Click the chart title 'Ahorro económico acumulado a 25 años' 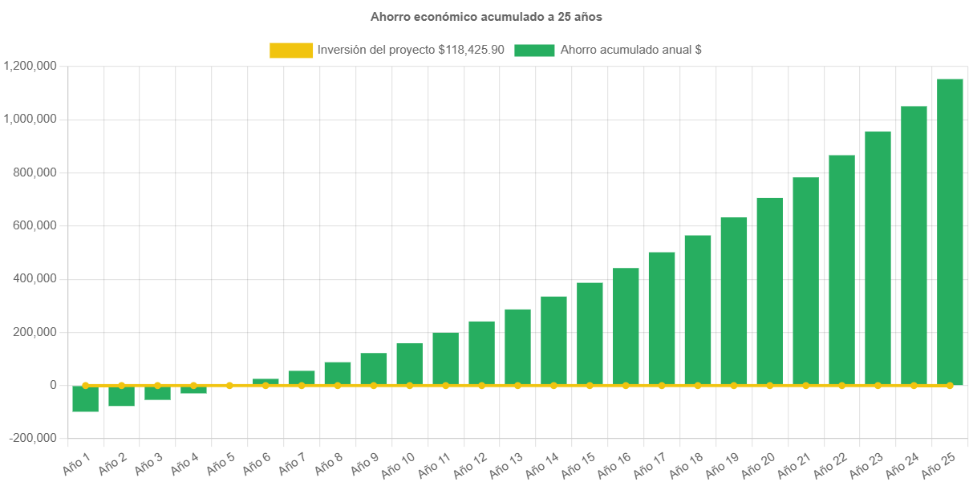pyautogui.click(x=486, y=16)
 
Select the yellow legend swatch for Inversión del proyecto pyautogui.click(x=291, y=51)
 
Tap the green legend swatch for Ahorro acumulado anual pyautogui.click(x=534, y=51)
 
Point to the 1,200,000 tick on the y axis pyautogui.click(x=30, y=66)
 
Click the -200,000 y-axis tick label pyautogui.click(x=33, y=438)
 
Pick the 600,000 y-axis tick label pyautogui.click(x=35, y=225)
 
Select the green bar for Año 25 pyautogui.click(x=950, y=232)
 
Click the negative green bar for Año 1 pyautogui.click(x=85, y=399)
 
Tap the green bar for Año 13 pyautogui.click(x=517, y=346)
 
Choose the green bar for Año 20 pyautogui.click(x=769, y=291)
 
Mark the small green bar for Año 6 pyautogui.click(x=266, y=381)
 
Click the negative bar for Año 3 pyautogui.click(x=157, y=393)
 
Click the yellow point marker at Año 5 pyautogui.click(x=229, y=385)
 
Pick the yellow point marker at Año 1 pyautogui.click(x=85, y=385)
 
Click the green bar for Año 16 pyautogui.click(x=626, y=326)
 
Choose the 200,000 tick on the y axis pyautogui.click(x=35, y=332)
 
